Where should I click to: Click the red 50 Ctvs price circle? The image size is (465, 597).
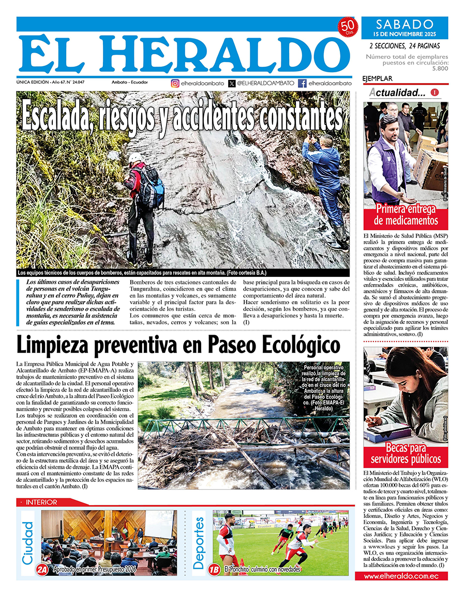(x=348, y=27)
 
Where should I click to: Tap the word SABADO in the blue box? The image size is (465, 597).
(x=404, y=24)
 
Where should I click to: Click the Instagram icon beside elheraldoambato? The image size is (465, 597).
(x=175, y=83)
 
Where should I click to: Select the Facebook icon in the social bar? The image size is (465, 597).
(x=302, y=83)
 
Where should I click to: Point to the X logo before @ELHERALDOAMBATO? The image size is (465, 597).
(x=231, y=83)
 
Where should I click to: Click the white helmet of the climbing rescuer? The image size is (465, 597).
(x=135, y=157)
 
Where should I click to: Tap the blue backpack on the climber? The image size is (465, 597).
(x=155, y=181)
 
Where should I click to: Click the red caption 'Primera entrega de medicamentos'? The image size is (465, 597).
(x=406, y=215)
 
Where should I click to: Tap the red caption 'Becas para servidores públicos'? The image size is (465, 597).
(x=406, y=453)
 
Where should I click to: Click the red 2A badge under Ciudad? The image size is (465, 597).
(x=42, y=570)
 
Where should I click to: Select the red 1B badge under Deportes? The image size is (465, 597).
(x=214, y=570)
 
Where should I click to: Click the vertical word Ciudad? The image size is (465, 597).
(x=28, y=543)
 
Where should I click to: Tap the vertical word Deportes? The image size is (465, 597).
(x=199, y=543)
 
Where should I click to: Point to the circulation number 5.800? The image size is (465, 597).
(x=440, y=68)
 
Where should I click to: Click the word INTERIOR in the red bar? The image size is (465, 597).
(x=41, y=502)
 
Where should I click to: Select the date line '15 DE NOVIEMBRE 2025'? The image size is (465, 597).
(x=404, y=34)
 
